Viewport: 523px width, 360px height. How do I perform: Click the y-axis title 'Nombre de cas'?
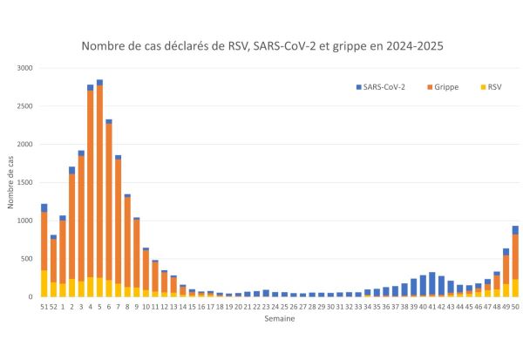pyautogui.click(x=10, y=183)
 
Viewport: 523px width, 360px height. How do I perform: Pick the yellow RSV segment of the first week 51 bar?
pyautogui.click(x=44, y=283)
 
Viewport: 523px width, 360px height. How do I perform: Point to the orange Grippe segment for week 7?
pyautogui.click(x=118, y=221)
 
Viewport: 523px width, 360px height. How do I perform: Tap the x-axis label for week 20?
pyautogui.click(x=238, y=306)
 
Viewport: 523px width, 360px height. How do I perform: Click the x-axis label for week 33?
pyautogui.click(x=358, y=306)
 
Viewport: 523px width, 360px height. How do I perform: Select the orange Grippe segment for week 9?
pyautogui.click(x=136, y=253)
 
